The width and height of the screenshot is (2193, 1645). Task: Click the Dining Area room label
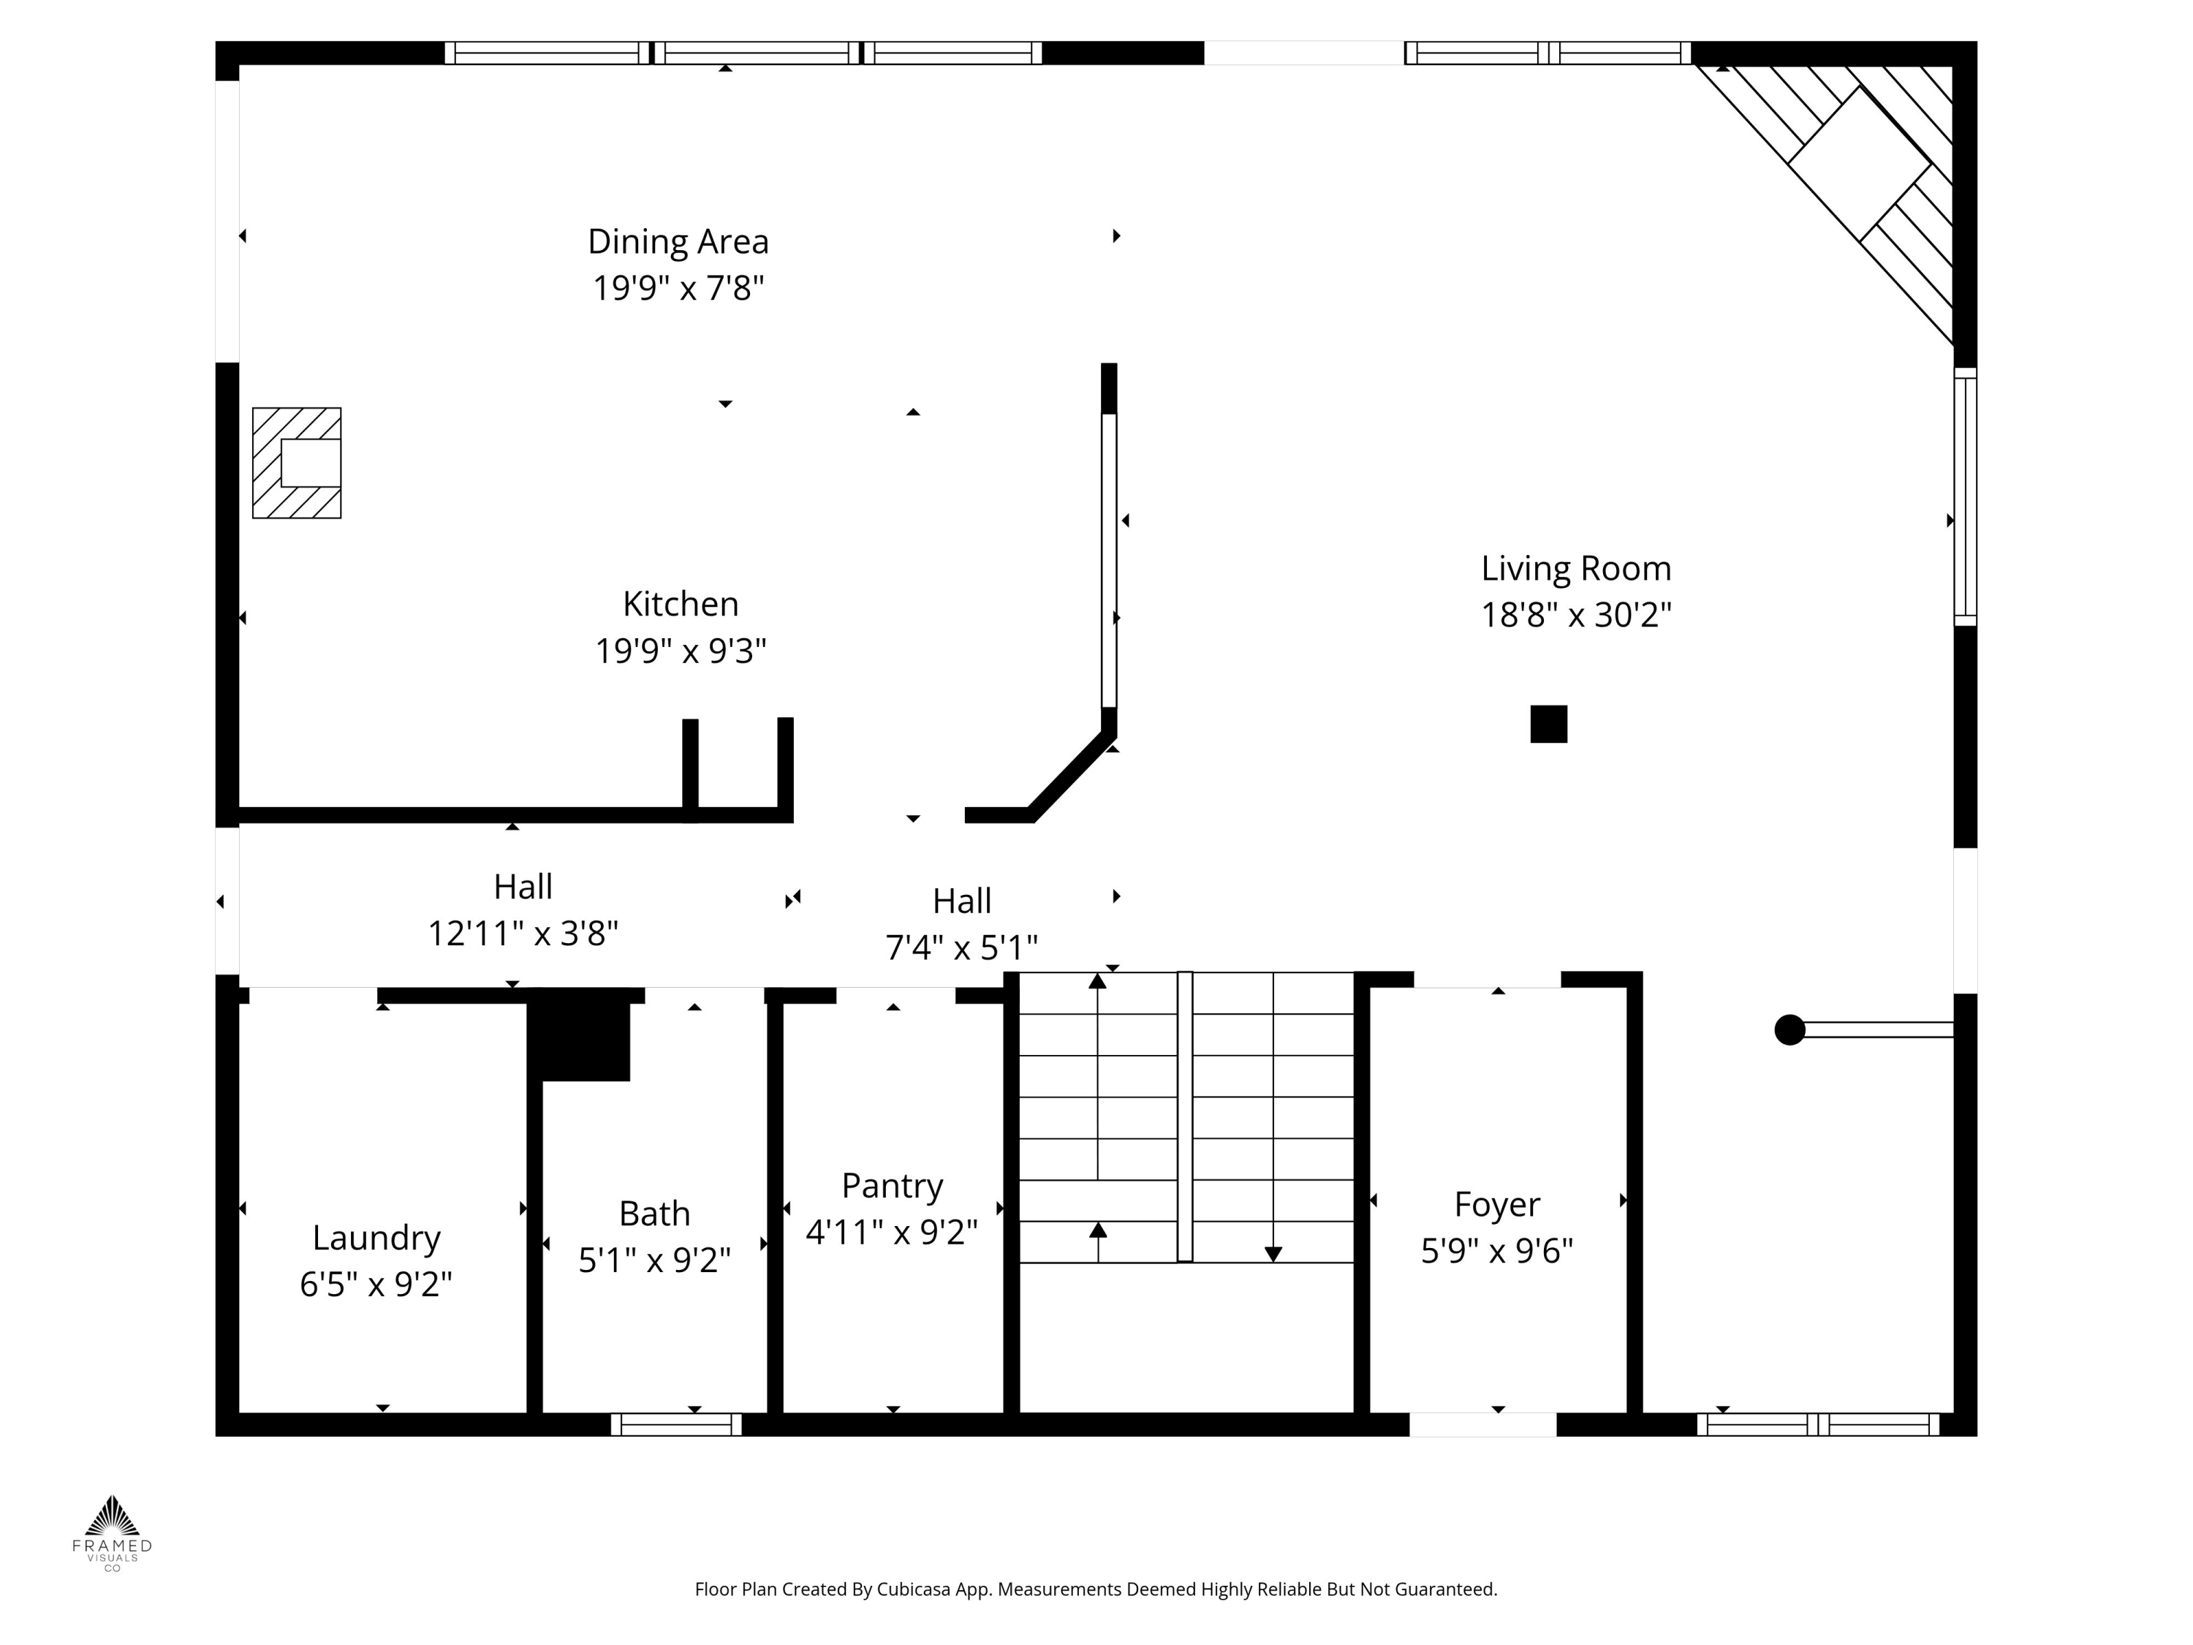678,241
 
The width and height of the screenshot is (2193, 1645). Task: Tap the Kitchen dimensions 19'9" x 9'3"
681,651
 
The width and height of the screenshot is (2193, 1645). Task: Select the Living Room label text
1576,568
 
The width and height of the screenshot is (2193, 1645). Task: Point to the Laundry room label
376,1238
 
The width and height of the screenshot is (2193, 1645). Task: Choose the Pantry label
893,1186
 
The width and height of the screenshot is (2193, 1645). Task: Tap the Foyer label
1497,1203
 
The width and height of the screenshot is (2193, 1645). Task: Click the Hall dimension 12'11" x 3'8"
523,933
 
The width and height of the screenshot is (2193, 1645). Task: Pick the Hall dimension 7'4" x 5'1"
962,948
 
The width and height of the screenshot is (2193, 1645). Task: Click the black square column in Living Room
1548,724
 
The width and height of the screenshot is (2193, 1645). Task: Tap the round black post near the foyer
1789,1030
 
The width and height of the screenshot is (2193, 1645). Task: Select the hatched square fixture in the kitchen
297,463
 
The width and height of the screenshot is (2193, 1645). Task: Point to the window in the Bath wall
676,1425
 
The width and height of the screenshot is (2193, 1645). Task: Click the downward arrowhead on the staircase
1273,1255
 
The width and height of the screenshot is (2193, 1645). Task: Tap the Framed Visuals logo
112,1532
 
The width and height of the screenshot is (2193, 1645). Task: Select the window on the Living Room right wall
1965,496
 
